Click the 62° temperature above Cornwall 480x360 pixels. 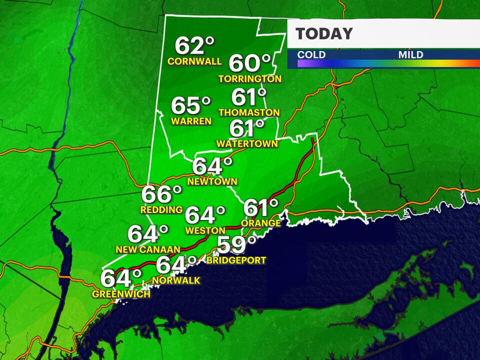click(194, 46)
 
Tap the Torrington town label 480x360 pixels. click(250, 79)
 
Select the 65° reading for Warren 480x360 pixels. click(191, 106)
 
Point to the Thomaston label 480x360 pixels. click(248, 112)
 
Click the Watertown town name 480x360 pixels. click(247, 144)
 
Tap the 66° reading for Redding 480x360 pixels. click(161, 194)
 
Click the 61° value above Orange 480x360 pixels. click(260, 207)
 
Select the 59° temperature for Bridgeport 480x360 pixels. click(236, 245)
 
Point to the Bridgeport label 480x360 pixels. click(236, 260)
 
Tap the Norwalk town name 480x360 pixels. click(176, 281)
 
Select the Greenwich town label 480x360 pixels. click(121, 294)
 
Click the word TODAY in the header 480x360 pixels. click(324, 34)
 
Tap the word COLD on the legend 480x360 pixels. click(311, 54)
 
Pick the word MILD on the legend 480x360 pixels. click(410, 54)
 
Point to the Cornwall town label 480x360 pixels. click(194, 62)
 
